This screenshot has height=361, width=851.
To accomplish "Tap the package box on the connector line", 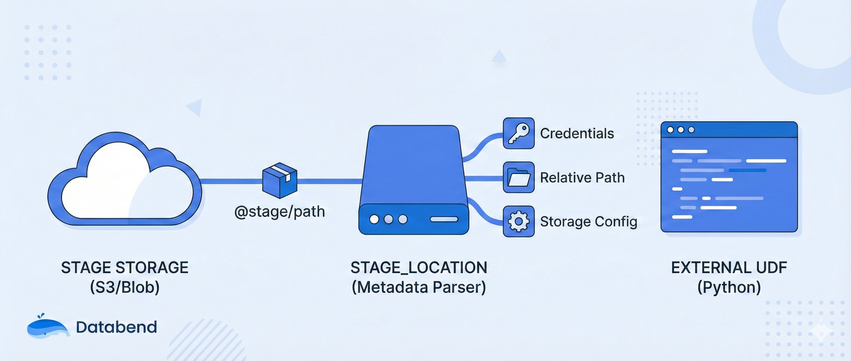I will point(279,180).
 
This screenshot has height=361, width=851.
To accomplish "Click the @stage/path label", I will point(279,212).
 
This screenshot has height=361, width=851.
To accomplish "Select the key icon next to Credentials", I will point(518,133).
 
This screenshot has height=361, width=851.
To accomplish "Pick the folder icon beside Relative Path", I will point(518,177).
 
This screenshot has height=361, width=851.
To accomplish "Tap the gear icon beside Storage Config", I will point(518,221).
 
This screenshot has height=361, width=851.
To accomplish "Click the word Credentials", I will point(577,133).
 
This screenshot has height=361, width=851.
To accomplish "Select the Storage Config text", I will point(588,222).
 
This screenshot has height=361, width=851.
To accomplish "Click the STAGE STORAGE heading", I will point(125,268).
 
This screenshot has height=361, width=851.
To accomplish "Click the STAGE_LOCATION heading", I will point(419,268).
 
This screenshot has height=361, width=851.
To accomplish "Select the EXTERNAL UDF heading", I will point(729,268).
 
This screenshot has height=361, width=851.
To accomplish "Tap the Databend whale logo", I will point(48,327).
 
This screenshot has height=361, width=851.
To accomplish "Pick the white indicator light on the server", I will point(374,219).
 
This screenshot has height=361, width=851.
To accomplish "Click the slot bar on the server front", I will point(444,219).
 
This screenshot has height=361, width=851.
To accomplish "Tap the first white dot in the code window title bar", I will point(670,130).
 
